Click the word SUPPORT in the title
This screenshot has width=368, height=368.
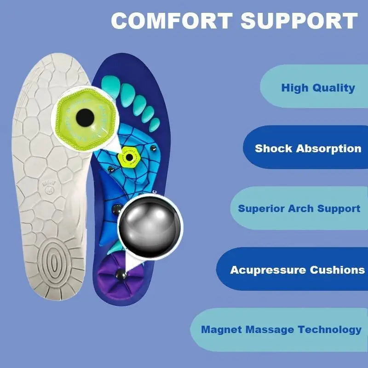pos(299,21)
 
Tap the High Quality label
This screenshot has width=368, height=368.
pos(318,87)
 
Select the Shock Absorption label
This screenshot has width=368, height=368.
pos(308,149)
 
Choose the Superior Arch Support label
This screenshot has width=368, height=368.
pos(299,208)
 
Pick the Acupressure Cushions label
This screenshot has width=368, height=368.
pos(297,270)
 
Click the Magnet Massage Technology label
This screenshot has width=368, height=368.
pos(281,329)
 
